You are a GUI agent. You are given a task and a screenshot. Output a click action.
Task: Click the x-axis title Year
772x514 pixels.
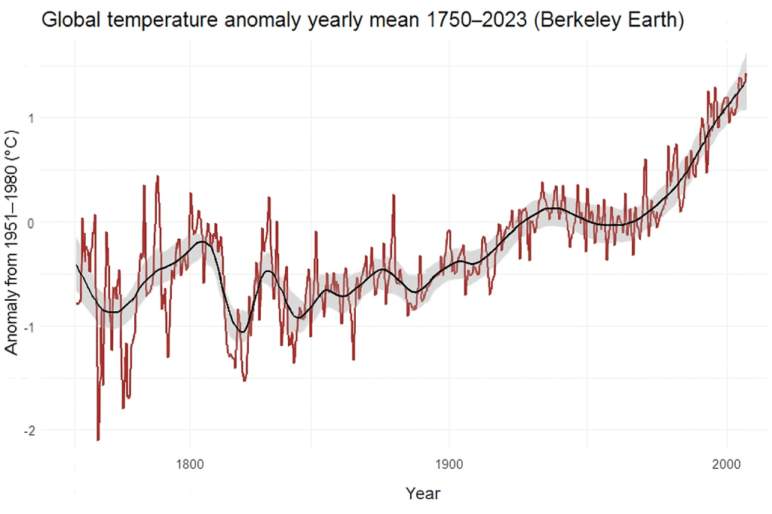tap(423, 494)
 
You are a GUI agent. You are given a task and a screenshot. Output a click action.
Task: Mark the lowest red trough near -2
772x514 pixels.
tap(98, 439)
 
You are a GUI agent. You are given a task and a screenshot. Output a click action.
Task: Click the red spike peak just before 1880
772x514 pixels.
tap(394, 194)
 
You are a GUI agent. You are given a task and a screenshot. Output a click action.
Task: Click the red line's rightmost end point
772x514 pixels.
tap(746, 73)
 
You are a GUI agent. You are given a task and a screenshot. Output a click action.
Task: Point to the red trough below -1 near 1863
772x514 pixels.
tap(354, 359)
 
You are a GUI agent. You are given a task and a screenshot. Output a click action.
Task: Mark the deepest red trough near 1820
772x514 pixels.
tap(244, 381)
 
